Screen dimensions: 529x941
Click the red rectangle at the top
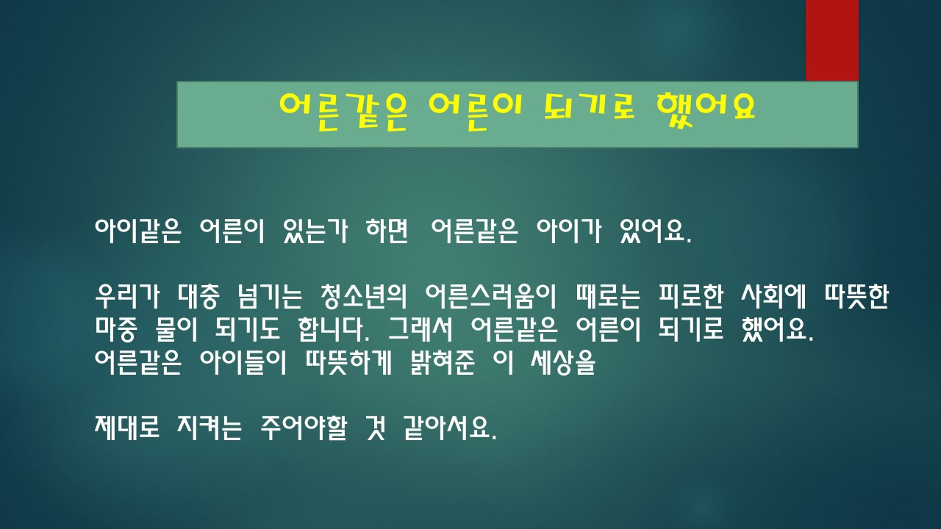(x=831, y=40)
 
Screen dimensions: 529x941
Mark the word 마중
(x=119, y=329)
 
